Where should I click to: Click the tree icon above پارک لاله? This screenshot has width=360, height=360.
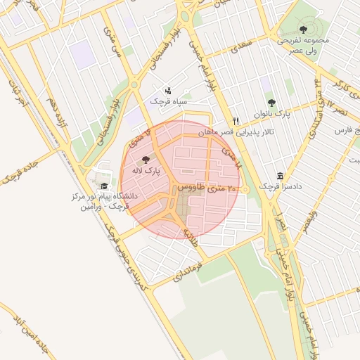tap(146, 160)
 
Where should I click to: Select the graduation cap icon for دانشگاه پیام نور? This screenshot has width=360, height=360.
tap(105, 186)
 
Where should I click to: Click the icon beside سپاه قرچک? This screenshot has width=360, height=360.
tap(167, 91)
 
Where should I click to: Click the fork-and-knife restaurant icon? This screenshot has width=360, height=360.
tap(236, 120)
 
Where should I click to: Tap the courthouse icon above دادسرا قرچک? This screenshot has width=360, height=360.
tap(281, 176)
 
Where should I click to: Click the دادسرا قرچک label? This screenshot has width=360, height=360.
tap(276, 186)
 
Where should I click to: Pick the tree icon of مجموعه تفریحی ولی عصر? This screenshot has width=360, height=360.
tap(303, 30)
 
